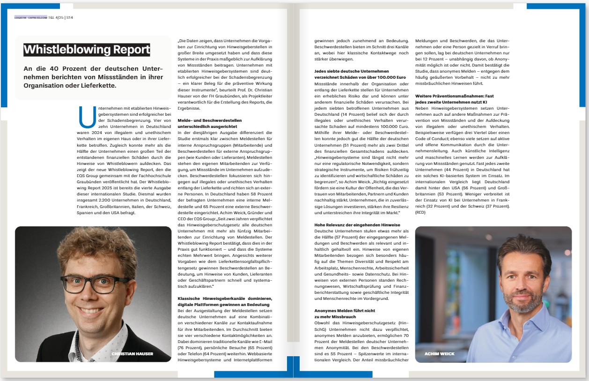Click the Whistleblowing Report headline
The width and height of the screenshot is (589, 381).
[87, 50]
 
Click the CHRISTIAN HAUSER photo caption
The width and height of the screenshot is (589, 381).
[133, 354]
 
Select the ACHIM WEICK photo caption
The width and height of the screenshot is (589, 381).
[439, 354]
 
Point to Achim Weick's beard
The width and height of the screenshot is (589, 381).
[517, 305]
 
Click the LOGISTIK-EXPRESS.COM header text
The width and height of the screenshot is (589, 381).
[31, 17]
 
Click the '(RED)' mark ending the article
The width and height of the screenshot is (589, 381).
[421, 213]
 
